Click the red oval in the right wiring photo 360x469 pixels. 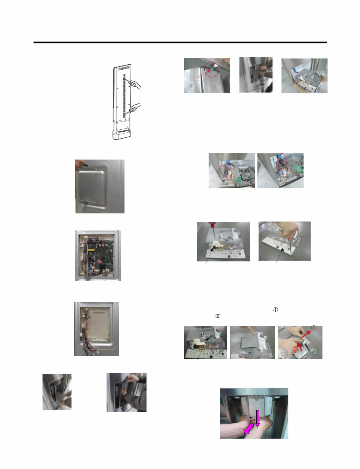click(282, 161)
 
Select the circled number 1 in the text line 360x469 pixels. click(275, 310)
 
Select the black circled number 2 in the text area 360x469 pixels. click(218, 316)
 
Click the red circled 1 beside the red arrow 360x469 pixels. click(314, 328)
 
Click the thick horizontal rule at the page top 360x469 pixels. click(180, 42)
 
